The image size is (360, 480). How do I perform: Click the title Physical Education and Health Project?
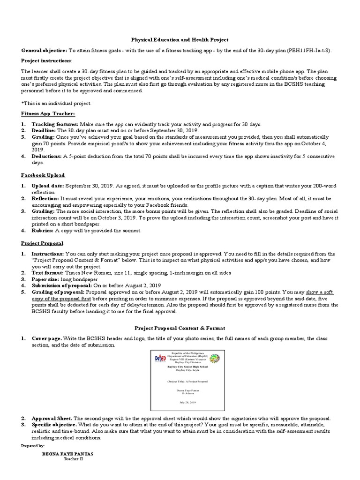tap(180, 41)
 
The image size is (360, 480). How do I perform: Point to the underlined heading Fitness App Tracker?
tap(48, 114)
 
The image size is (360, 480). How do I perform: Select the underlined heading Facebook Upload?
tap(43, 175)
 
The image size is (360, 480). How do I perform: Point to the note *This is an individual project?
tap(56, 103)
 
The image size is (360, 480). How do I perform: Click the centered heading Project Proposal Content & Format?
tap(180, 328)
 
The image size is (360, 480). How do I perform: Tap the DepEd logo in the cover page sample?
tap(160, 359)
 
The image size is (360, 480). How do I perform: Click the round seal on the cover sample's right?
tap(214, 359)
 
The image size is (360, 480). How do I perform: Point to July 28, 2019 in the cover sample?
tap(187, 402)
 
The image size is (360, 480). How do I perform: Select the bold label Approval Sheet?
tap(52, 418)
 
